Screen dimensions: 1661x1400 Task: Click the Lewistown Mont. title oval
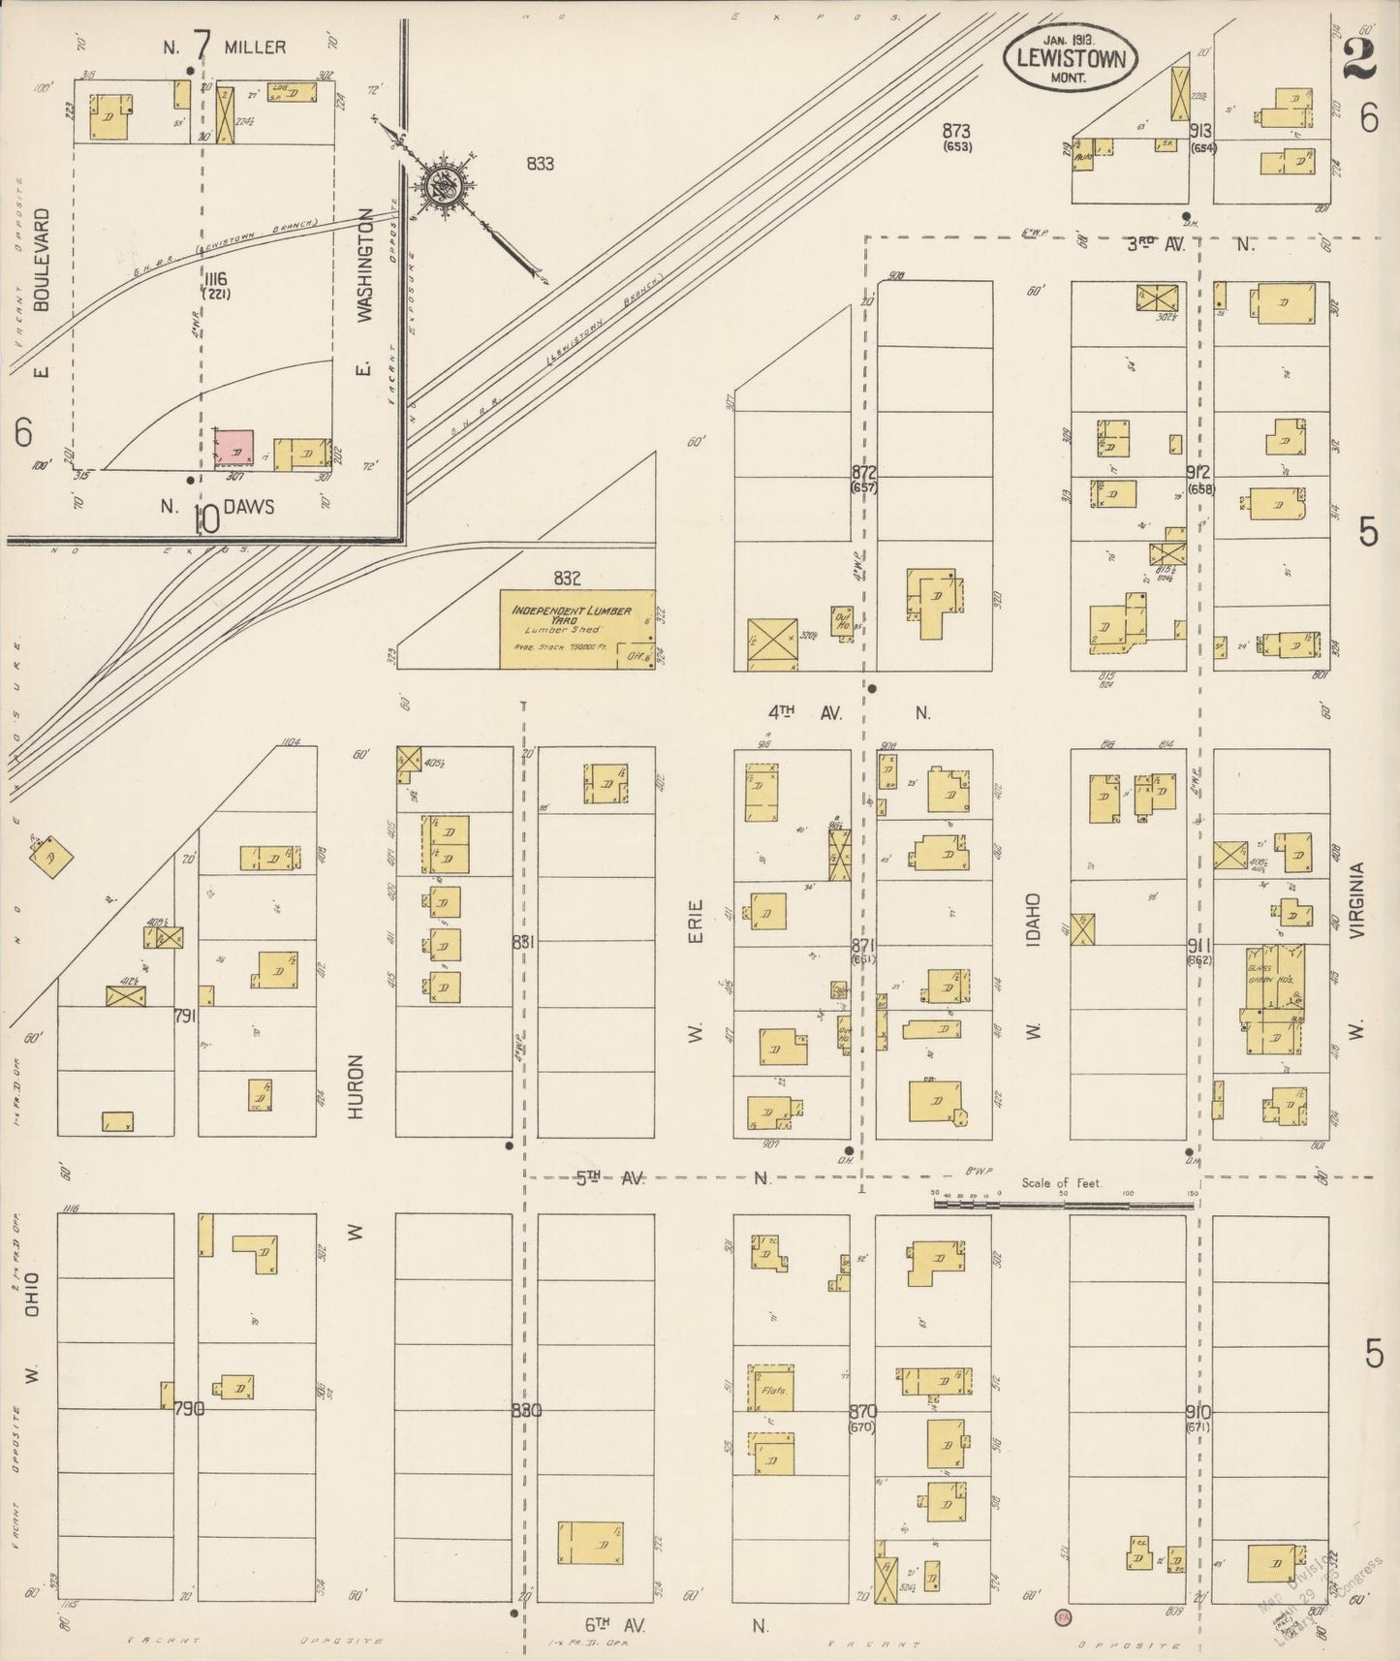pos(1070,57)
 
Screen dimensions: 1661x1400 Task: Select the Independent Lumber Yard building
pos(576,629)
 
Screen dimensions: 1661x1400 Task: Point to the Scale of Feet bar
pos(1063,1205)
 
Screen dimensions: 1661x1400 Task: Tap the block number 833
pos(540,164)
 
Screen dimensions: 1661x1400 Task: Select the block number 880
pos(526,1410)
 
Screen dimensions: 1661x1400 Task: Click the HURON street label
pos(356,1087)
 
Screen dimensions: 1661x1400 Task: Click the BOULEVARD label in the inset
pos(41,259)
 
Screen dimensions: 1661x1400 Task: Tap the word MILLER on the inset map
pos(255,47)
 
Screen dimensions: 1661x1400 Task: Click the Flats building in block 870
pos(771,1388)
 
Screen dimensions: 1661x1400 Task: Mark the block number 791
pos(184,1016)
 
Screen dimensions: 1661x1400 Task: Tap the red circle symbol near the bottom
pos(1063,1615)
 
